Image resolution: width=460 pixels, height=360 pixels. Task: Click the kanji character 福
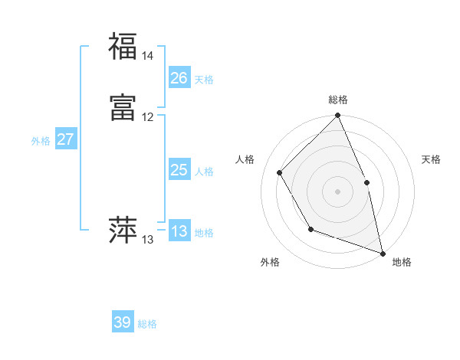tap(123, 46)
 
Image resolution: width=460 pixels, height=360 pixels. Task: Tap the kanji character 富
tap(123, 109)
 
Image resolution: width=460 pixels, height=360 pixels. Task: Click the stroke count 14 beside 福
tap(147, 56)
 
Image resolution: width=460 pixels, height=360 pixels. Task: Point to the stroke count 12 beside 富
tap(147, 117)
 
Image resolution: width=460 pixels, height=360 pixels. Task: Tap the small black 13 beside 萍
tap(147, 240)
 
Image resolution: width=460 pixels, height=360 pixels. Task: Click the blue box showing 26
tap(179, 78)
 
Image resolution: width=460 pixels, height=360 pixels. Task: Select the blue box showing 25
tap(179, 170)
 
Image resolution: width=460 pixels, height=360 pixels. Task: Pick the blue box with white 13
tap(179, 231)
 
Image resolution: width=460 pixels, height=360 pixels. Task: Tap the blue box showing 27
tap(66, 139)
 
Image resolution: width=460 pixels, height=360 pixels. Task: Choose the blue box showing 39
tap(123, 322)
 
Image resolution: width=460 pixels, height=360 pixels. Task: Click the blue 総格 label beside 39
tap(147, 324)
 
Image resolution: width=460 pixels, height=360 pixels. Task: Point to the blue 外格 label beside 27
tap(41, 141)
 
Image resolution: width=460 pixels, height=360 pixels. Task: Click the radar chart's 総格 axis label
tap(338, 100)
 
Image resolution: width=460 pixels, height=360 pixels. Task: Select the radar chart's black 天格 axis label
tap(432, 159)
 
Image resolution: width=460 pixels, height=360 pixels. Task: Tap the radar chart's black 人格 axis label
tap(245, 159)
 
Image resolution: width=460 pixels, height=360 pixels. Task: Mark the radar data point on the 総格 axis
tap(338, 116)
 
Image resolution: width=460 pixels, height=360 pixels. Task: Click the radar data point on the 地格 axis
tap(383, 254)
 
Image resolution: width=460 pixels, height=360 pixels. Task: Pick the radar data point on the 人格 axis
tap(280, 172)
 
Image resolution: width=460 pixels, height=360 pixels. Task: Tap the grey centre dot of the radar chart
tap(338, 191)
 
